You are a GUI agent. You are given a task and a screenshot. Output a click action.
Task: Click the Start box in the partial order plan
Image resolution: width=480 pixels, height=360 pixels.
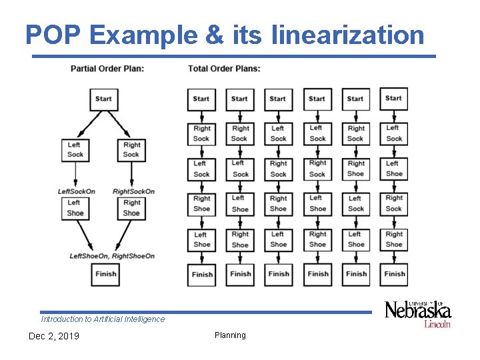click(x=103, y=99)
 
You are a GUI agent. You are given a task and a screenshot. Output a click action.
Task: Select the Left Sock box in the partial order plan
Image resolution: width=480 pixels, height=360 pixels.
click(x=75, y=150)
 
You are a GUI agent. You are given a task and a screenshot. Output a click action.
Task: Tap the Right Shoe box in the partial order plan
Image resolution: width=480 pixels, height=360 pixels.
click(x=131, y=208)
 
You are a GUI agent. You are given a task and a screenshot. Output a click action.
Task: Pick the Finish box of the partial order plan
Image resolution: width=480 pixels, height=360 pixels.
click(x=105, y=273)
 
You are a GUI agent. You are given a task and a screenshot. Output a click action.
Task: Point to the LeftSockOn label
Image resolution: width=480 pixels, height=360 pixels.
click(x=76, y=191)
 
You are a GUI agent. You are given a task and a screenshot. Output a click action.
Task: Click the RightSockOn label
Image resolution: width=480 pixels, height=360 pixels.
click(x=133, y=191)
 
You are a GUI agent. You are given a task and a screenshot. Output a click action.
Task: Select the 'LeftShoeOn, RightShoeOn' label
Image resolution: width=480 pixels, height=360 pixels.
click(x=112, y=256)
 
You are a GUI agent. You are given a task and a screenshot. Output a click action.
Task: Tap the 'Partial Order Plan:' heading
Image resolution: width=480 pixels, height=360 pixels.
click(x=107, y=68)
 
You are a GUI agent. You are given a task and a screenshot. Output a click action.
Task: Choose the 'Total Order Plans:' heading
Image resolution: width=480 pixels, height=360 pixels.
click(x=224, y=68)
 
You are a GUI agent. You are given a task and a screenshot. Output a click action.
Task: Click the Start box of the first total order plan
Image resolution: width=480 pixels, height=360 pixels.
click(x=201, y=99)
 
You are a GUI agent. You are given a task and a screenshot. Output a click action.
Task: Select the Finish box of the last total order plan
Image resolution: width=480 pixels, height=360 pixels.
click(x=394, y=273)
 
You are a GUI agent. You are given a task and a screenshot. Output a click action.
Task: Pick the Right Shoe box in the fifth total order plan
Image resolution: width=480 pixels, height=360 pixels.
click(x=356, y=168)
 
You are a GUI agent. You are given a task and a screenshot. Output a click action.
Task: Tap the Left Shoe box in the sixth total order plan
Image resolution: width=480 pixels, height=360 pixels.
click(x=394, y=168)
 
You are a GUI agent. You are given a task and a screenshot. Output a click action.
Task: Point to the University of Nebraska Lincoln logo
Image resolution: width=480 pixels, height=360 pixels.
click(x=418, y=313)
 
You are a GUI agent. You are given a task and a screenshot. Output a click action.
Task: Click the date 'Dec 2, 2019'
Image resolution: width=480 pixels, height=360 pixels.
click(x=53, y=336)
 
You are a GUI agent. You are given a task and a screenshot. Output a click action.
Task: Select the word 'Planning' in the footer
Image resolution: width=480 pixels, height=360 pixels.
click(x=230, y=335)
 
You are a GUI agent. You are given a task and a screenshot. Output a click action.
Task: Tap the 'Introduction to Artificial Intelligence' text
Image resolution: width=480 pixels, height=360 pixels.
click(x=103, y=319)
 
